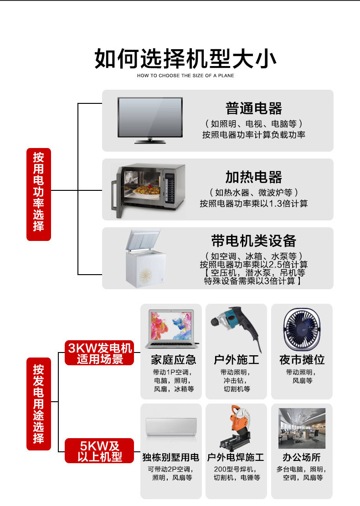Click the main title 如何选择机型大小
coord(185,60)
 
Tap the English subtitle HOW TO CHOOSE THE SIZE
coord(185,76)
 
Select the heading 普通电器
coord(254,108)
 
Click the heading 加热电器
coord(254,177)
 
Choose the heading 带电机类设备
coord(254,240)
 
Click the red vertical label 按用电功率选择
coord(39,194)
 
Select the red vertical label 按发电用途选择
coord(39,404)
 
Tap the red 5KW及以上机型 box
coord(100,451)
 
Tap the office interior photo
coord(302,428)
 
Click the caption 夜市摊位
coord(302,360)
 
